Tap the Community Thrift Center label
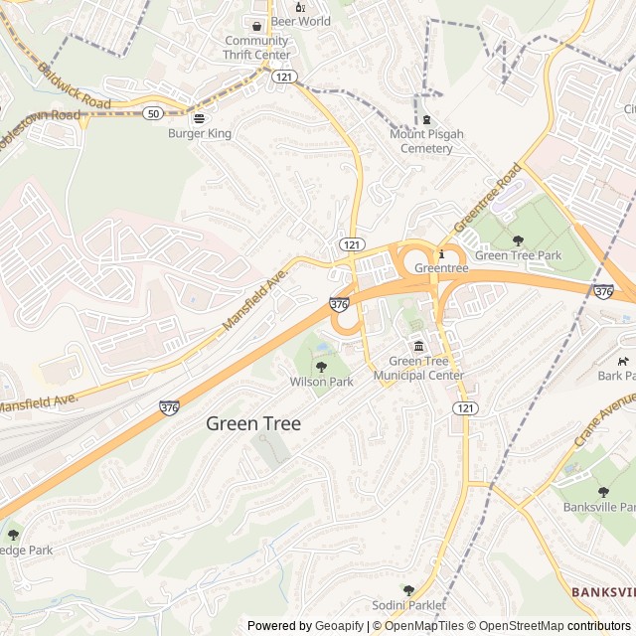point(257,48)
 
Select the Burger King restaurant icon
point(199,117)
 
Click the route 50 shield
point(153,114)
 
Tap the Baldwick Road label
point(75,87)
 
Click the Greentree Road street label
point(488,197)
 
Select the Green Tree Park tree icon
point(517,240)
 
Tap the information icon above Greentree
point(441,253)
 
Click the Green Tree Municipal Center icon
point(418,346)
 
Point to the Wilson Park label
point(321,382)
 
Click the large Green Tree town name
point(253,423)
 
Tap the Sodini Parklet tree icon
point(408,590)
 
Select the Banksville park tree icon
point(602,492)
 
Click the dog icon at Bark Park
point(623,361)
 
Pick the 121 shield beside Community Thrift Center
point(285,77)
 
